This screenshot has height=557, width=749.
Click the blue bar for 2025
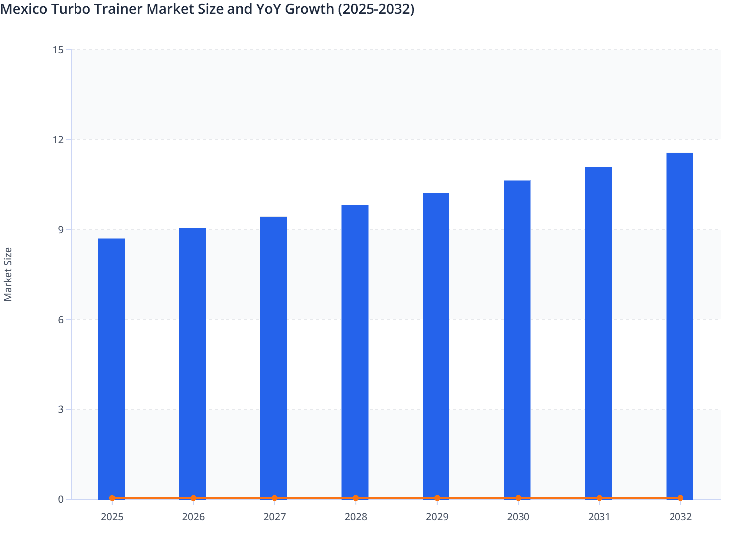[x=111, y=368]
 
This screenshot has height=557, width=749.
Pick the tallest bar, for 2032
[x=679, y=325]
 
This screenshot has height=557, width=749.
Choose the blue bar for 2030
[x=517, y=339]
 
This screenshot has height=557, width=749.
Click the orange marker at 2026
[x=193, y=498]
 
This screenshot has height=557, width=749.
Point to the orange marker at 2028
[x=356, y=498]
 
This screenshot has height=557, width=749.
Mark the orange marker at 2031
[x=599, y=498]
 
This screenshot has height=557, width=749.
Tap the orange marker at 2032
[x=680, y=498]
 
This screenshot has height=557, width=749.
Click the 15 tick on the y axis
[x=58, y=50]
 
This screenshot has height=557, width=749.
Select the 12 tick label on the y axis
[x=58, y=140]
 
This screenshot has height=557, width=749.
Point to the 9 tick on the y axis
[x=60, y=230]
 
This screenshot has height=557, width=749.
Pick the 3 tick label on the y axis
[x=60, y=409]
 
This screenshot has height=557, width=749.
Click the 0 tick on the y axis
[x=60, y=499]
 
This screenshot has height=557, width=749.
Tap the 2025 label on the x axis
[x=112, y=517]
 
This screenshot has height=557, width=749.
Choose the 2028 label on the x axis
[x=356, y=517]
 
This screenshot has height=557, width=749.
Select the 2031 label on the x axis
[x=599, y=517]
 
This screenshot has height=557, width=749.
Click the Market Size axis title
[x=8, y=274]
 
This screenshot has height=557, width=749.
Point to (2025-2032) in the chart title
[x=375, y=9]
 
